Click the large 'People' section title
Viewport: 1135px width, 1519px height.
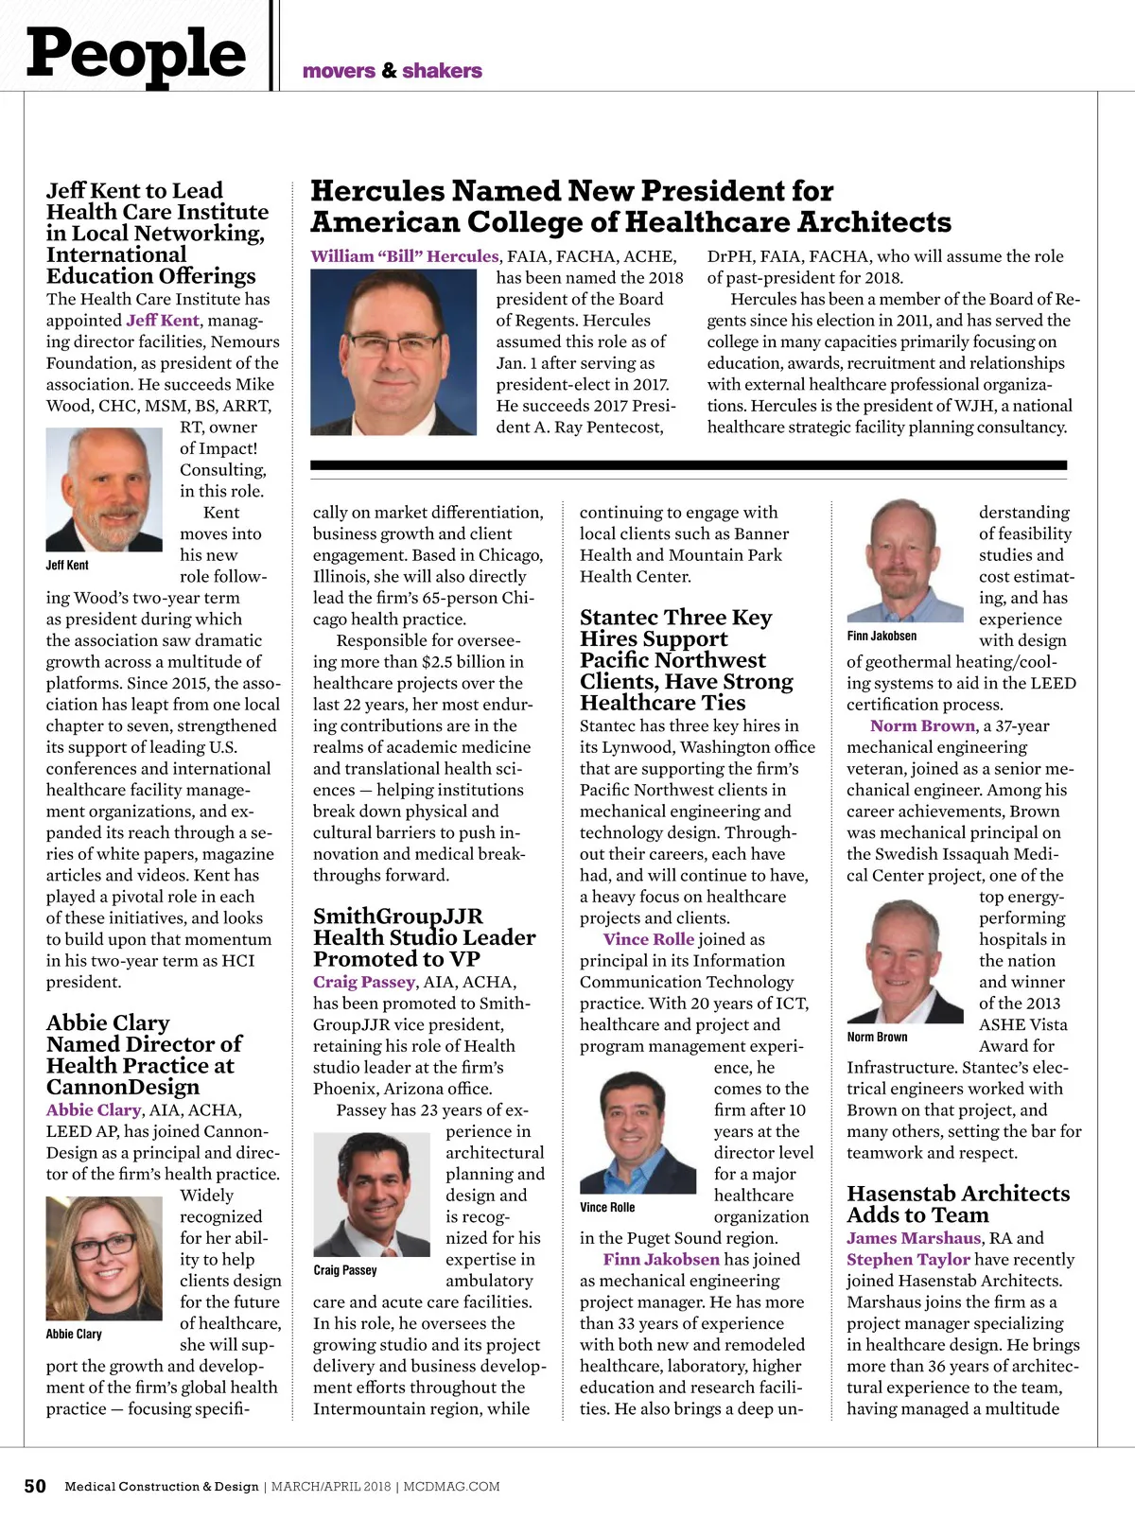click(x=136, y=54)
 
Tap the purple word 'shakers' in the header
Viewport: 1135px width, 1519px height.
click(x=442, y=71)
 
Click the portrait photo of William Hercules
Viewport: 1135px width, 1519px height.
click(x=393, y=352)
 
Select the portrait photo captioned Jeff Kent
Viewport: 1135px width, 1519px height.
click(x=104, y=489)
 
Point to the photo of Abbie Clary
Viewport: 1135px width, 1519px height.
click(x=104, y=1258)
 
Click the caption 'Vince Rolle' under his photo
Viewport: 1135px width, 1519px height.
click(x=607, y=1208)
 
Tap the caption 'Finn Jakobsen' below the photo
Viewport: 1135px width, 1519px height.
click(x=882, y=637)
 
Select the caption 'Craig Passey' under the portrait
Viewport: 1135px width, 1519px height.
click(x=345, y=1270)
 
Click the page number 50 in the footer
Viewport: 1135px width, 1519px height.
click(x=35, y=1486)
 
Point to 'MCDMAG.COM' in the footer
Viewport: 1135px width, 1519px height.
click(x=451, y=1487)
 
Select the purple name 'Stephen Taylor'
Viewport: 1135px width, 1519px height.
click(x=908, y=1260)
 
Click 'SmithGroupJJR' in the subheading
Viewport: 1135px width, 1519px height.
click(x=398, y=917)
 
